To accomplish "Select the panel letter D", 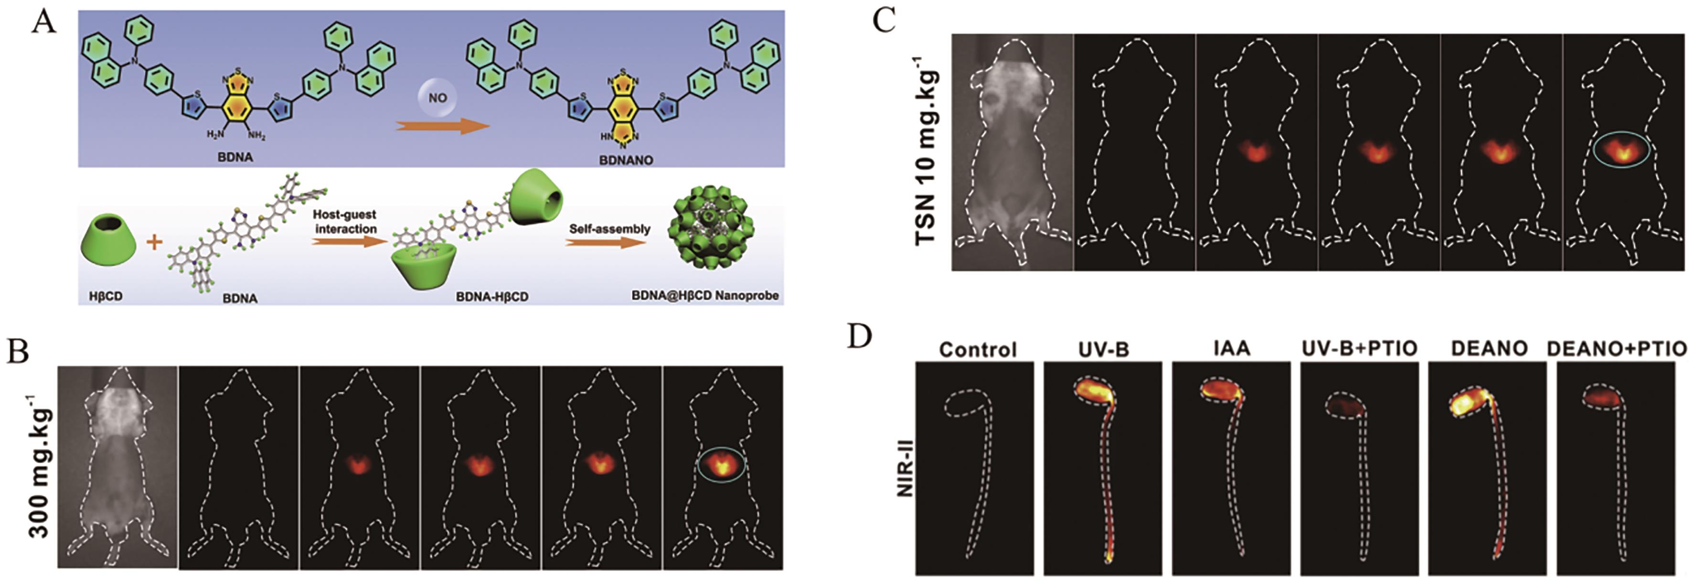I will click(859, 336).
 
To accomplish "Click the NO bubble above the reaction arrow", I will click(437, 98).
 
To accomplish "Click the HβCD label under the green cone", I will click(105, 297).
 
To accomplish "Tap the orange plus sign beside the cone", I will click(154, 242).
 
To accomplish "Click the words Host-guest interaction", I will click(345, 222).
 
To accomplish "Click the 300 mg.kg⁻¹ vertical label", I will click(41, 466).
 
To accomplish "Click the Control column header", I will click(977, 349).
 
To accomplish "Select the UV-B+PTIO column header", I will click(1359, 348).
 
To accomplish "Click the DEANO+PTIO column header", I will click(1617, 348).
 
